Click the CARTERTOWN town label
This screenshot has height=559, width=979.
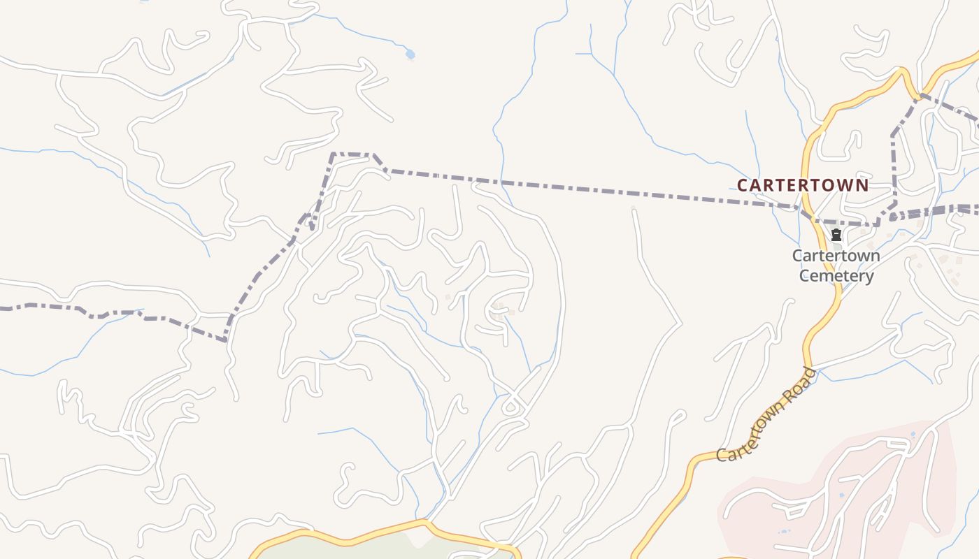803,185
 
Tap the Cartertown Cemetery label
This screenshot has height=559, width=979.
836,266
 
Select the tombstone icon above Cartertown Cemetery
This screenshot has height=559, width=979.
836,235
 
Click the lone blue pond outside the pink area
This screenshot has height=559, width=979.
410,54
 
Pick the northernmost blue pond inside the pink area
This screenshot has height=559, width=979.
913,435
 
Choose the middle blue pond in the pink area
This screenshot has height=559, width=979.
841,495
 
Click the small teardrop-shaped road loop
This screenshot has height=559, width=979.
513,405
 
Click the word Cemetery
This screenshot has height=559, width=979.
836,276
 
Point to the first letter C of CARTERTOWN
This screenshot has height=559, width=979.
743,185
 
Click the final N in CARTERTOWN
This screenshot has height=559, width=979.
862,185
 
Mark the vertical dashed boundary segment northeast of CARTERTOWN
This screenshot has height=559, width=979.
894,168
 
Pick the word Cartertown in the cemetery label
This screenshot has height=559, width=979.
836,256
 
